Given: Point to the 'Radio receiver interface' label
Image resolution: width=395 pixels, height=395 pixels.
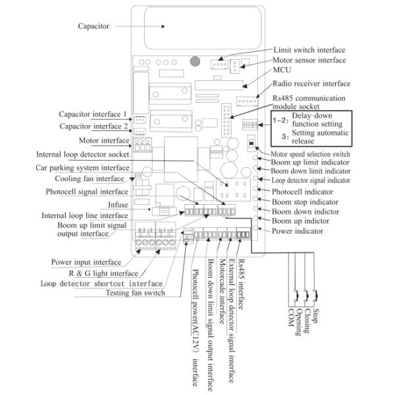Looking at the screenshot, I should coord(311,84).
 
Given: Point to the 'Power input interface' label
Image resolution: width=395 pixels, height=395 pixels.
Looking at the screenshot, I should coord(86,261).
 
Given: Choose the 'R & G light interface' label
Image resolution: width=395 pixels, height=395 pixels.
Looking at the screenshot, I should coord(103,273).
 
